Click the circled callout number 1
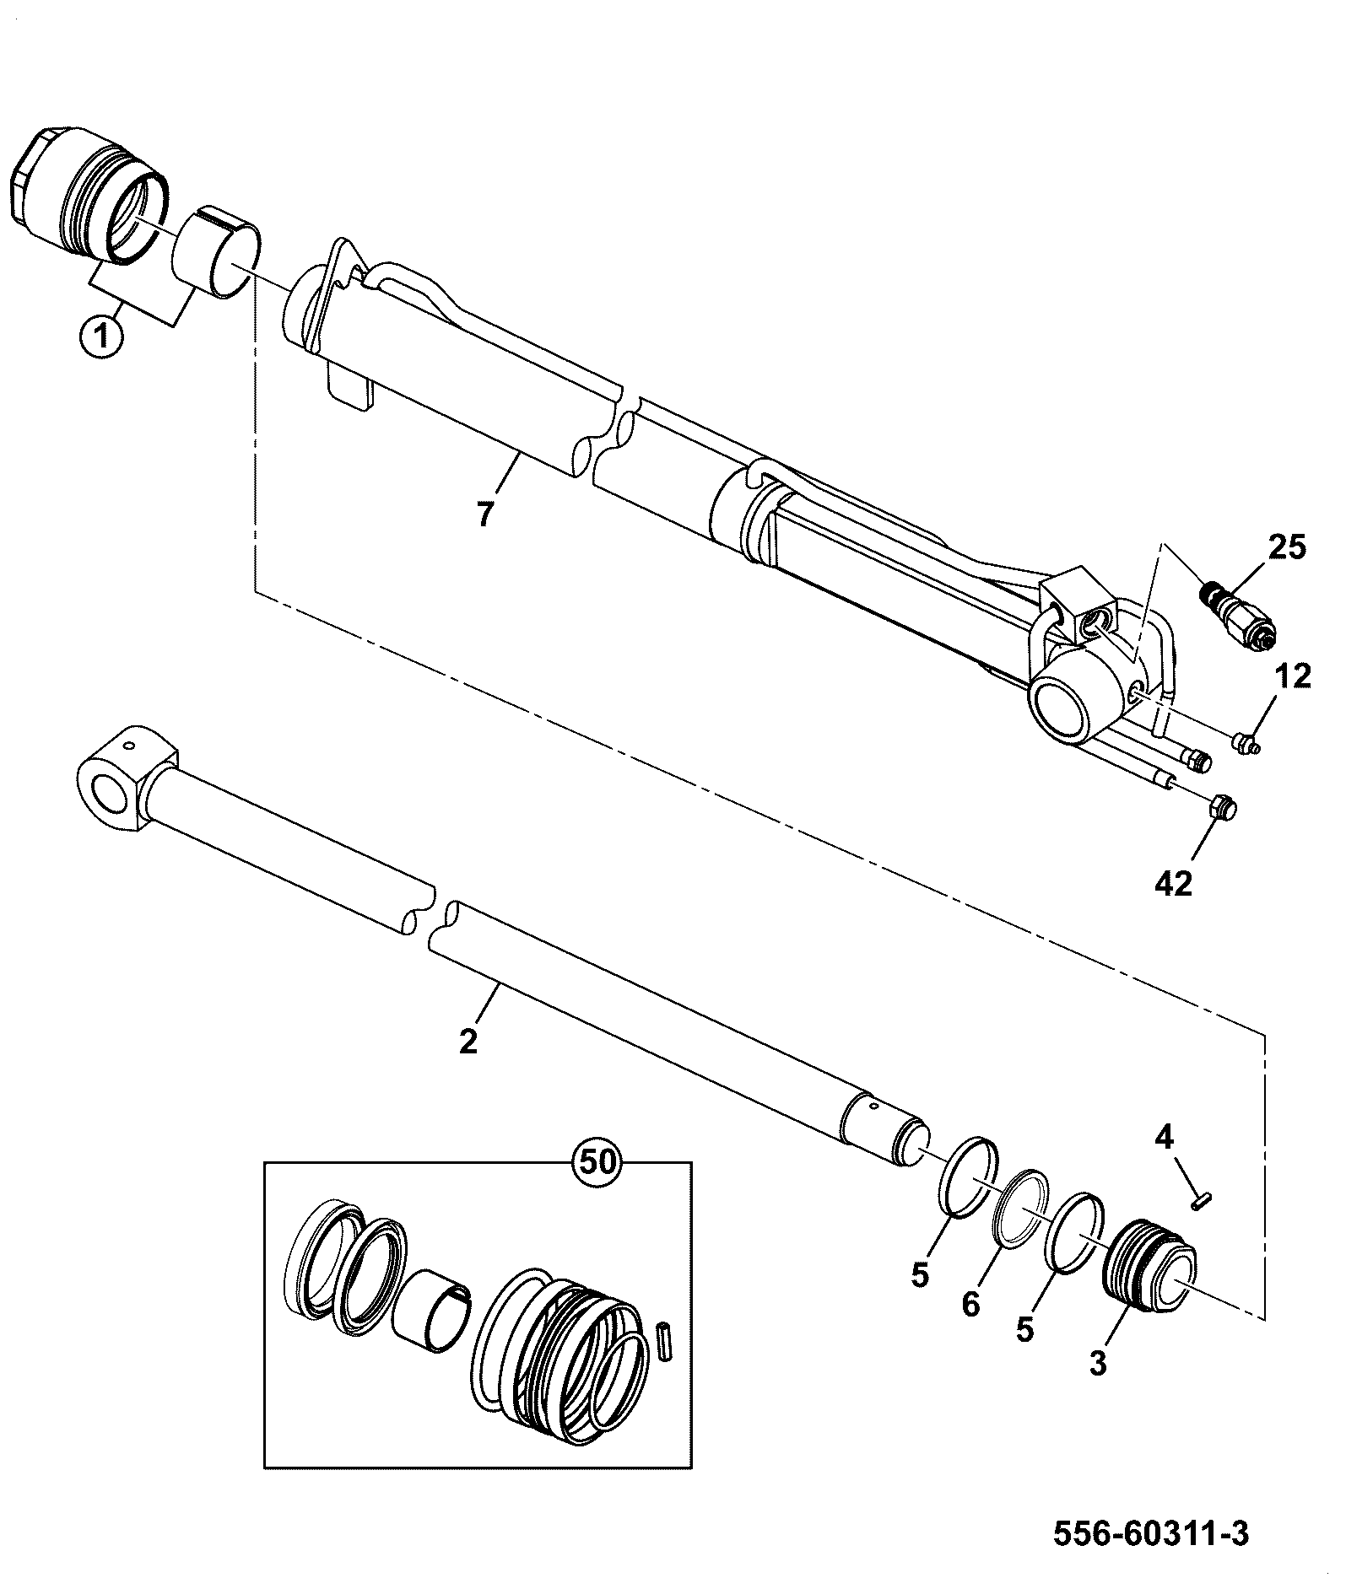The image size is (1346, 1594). coord(101,338)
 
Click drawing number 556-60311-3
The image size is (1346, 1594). coord(1151,1532)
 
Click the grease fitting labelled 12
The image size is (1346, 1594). coord(1247,742)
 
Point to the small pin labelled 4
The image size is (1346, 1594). coord(1199,1203)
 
